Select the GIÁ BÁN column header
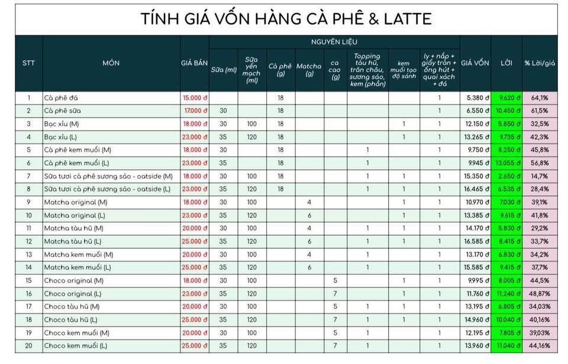coord(195,63)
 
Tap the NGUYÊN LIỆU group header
coord(334,43)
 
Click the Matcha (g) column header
coord(309,70)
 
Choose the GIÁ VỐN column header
coord(475,63)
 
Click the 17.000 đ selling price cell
coord(196,111)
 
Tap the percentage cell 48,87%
coord(539,293)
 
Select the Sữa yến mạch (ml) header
coord(252,70)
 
